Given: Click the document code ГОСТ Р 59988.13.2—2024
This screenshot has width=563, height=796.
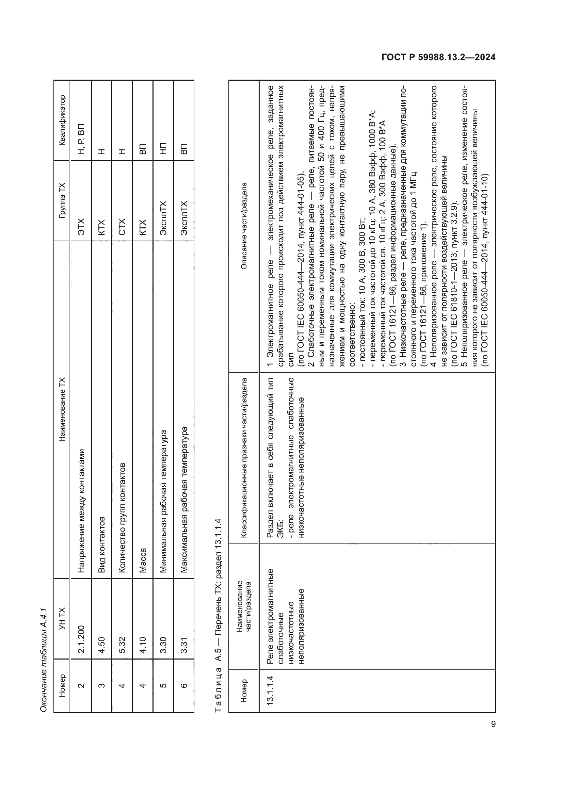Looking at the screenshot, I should [x=438, y=58].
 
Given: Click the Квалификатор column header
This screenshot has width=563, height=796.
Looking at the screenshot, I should [x=62, y=120].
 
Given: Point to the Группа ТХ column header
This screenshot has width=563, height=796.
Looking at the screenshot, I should [x=62, y=200].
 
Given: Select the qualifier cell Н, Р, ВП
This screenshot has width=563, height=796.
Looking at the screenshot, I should [x=81, y=139].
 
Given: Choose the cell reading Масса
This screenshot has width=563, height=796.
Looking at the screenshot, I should [x=143, y=559].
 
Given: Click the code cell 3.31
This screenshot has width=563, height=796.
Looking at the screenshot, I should [x=184, y=645].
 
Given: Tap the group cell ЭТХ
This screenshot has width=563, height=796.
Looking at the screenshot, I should [x=81, y=227].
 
